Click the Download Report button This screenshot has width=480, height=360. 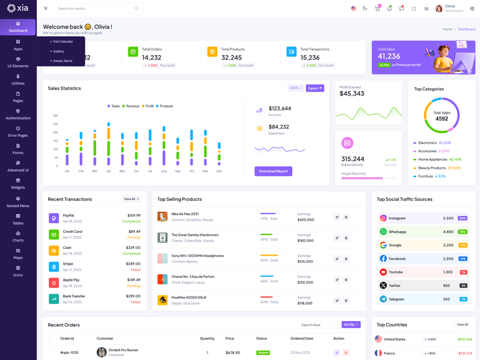273,171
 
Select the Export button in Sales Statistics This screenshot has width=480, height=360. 315,88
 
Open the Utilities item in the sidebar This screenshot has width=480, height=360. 18,79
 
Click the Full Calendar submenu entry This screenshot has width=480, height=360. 62,41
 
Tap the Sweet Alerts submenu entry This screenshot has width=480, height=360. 62,61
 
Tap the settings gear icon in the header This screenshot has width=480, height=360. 472,8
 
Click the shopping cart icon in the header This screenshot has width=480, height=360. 377,8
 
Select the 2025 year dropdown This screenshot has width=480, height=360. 295,88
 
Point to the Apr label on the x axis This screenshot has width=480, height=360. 109,171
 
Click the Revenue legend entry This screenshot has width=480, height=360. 131,106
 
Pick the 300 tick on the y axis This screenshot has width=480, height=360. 56,116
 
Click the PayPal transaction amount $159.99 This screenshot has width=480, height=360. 134,215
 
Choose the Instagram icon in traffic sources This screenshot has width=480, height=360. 383,218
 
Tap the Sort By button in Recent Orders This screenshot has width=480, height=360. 351,325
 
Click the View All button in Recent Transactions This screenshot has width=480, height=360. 131,199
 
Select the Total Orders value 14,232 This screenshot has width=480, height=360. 152,58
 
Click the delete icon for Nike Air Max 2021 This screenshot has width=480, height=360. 346,217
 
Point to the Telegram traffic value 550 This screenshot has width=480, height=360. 446,299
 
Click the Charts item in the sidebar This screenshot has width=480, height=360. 18,236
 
